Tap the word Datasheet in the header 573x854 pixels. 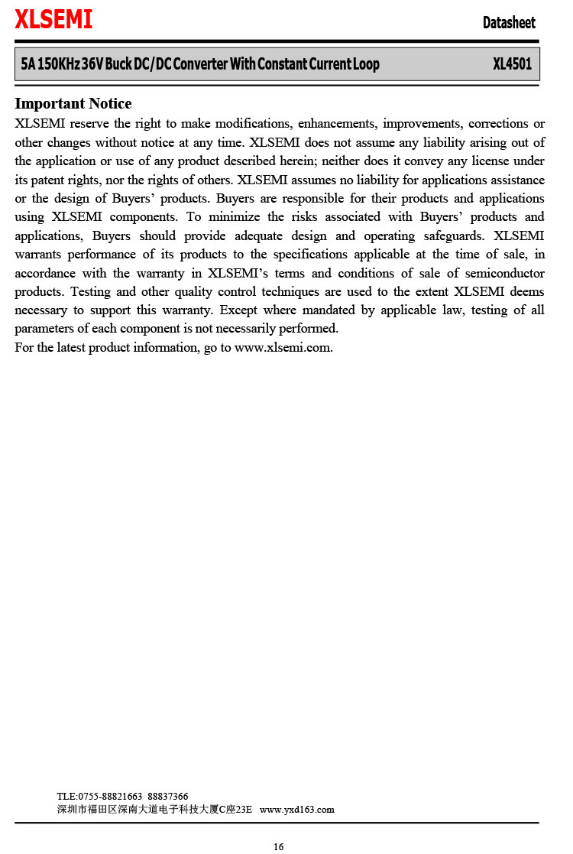pos(509,23)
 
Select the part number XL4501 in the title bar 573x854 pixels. pos(512,64)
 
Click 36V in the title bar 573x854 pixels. pos(92,64)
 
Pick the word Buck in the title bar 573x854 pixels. pos(118,64)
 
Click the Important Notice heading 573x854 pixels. pos(73,104)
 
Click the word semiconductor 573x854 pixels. pos(507,274)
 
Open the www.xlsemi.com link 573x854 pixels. pos(283,348)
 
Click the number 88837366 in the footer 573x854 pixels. pos(168,797)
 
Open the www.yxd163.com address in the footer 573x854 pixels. pos(297,810)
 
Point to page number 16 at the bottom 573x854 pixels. pos(279,846)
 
